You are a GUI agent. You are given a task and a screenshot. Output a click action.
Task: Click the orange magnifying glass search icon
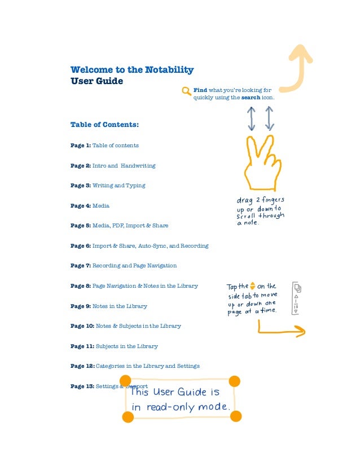click(x=186, y=92)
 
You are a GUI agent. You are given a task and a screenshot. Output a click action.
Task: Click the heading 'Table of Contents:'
click(x=104, y=124)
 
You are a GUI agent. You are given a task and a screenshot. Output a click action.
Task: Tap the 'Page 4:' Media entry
click(x=90, y=205)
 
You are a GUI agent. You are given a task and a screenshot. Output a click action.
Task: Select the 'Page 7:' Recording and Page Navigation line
click(x=123, y=265)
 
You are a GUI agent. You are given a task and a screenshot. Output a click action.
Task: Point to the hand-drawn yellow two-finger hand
click(x=261, y=164)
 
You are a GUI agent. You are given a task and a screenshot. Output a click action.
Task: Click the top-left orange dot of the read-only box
click(x=125, y=381)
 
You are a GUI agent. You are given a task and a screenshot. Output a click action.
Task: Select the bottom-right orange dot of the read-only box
click(x=236, y=416)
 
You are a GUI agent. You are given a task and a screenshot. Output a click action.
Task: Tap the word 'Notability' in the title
click(x=169, y=70)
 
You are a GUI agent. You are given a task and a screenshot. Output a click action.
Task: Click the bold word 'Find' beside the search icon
click(x=200, y=90)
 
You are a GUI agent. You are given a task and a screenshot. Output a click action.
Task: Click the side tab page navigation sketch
click(x=297, y=298)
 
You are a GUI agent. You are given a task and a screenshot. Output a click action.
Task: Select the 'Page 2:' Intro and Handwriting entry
click(x=112, y=165)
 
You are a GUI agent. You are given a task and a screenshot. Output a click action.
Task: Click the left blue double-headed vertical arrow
click(x=252, y=118)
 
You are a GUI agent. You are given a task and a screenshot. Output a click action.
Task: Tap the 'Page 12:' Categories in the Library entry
click(x=135, y=366)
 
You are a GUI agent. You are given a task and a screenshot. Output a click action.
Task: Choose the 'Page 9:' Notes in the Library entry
click(x=108, y=306)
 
